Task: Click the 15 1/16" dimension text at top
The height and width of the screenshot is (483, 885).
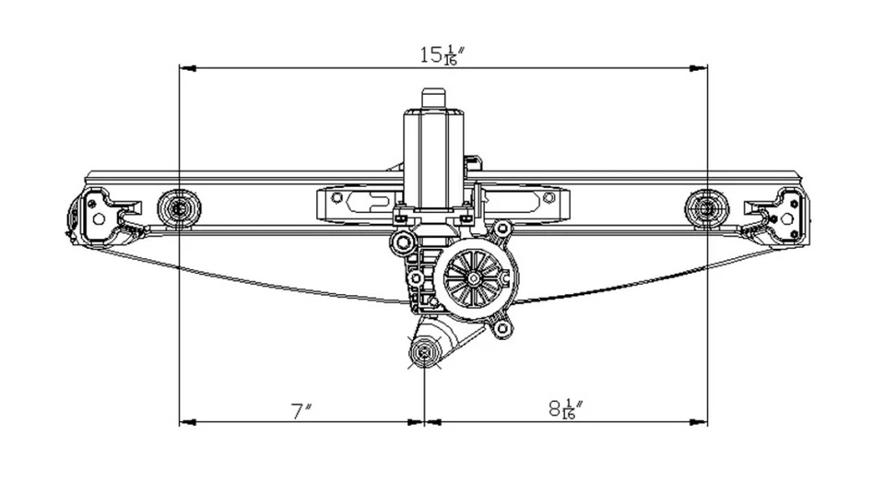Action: [x=442, y=53]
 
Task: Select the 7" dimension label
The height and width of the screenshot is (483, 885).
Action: [x=299, y=411]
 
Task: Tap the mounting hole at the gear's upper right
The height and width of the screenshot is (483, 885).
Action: [x=501, y=230]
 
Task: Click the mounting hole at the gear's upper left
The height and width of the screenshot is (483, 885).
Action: [x=401, y=242]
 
